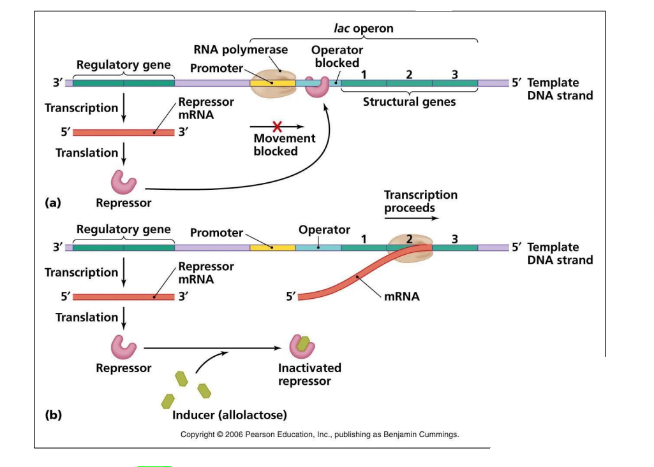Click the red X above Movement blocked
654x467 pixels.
click(x=277, y=126)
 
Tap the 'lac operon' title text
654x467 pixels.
click(x=364, y=29)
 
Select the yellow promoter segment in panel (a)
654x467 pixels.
click(x=272, y=83)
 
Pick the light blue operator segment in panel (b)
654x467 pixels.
click(x=318, y=247)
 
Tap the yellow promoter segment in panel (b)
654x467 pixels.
click(x=272, y=247)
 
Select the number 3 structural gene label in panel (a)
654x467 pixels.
click(x=454, y=75)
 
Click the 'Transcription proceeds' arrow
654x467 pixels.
click(x=412, y=218)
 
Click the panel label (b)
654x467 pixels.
click(x=53, y=415)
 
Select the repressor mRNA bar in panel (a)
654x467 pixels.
click(x=124, y=133)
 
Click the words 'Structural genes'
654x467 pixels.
click(x=409, y=102)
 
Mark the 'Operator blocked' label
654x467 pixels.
click(x=337, y=56)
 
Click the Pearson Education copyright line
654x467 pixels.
click(x=320, y=435)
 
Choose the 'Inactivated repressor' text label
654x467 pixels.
click(x=309, y=375)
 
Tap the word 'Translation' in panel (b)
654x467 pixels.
click(x=87, y=317)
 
